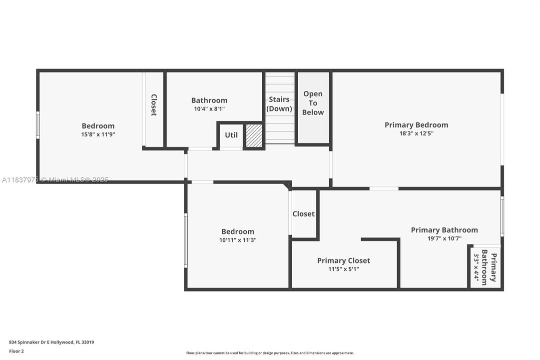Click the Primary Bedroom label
pyautogui.click(x=416, y=125)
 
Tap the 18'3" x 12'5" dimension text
pyautogui.click(x=416, y=133)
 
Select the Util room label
pyautogui.click(x=231, y=135)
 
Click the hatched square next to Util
pyautogui.click(x=254, y=136)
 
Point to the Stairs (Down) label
pyautogui.click(x=279, y=104)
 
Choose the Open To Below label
pyautogui.click(x=313, y=103)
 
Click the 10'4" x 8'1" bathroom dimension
pyautogui.click(x=209, y=108)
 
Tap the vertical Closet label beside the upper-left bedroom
pyautogui.click(x=154, y=105)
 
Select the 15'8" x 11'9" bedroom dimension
pyautogui.click(x=98, y=134)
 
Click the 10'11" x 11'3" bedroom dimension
pyautogui.click(x=238, y=240)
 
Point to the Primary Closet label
pyautogui.click(x=344, y=260)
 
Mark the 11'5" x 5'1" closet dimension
pyautogui.click(x=344, y=269)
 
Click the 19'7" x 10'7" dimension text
pyautogui.click(x=444, y=238)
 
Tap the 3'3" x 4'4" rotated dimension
pyautogui.click(x=477, y=269)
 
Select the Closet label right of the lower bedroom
pyautogui.click(x=304, y=214)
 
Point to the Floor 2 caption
pyautogui.click(x=16, y=351)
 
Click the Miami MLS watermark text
pyautogui.click(x=55, y=179)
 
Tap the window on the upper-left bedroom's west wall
pyautogui.click(x=38, y=125)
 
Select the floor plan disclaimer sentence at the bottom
pyautogui.click(x=270, y=353)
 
